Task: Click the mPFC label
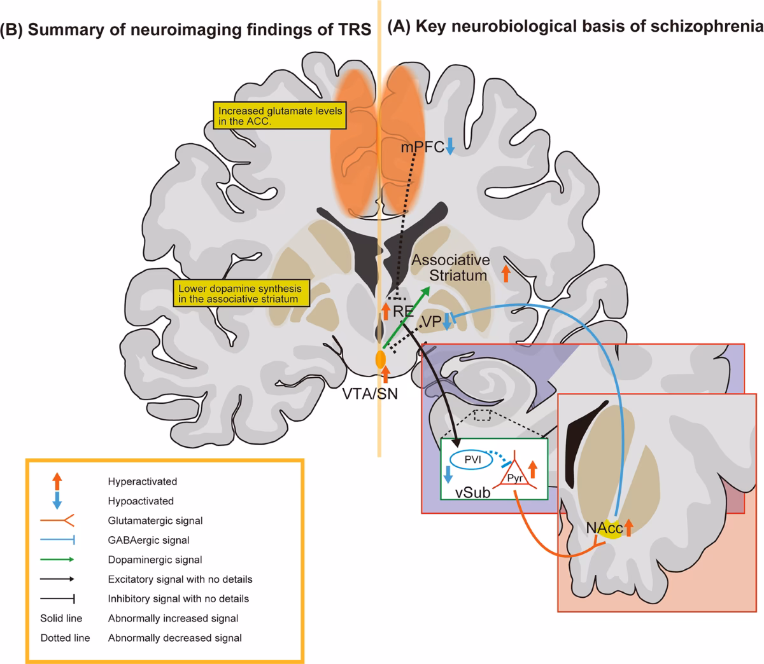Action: point(421,148)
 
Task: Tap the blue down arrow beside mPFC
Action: point(450,146)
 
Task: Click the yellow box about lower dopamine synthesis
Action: point(239,293)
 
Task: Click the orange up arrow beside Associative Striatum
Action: point(506,273)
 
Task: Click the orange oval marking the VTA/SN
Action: point(381,359)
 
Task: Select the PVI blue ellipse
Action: point(468,459)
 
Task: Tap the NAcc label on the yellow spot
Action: point(602,527)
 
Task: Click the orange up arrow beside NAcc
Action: point(628,527)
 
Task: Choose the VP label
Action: point(432,322)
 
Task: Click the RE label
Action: point(403,311)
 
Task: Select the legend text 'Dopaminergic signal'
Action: point(155,560)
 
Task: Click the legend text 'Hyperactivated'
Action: point(143,481)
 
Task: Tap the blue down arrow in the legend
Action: point(57,500)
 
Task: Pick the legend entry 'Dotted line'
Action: point(65,637)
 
